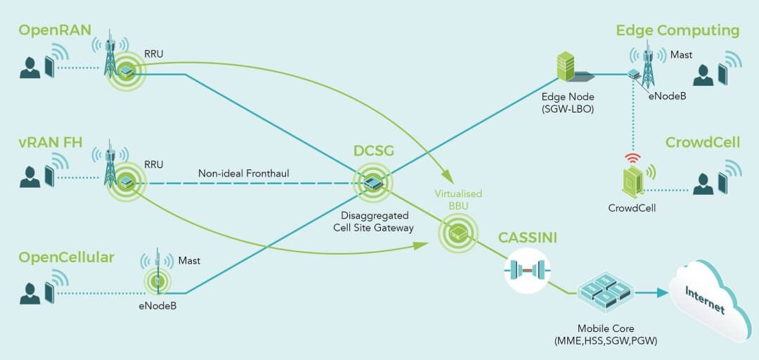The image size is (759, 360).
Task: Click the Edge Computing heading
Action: (677, 30)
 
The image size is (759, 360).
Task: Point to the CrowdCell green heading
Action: (703, 143)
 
